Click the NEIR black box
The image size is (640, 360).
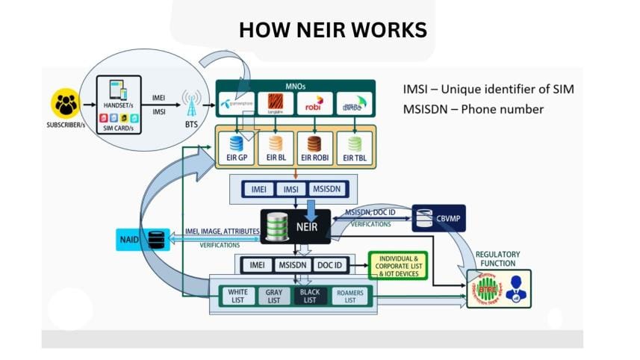[x=295, y=226]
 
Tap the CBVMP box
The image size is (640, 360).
[x=439, y=217]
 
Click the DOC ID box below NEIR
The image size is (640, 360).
[x=335, y=264]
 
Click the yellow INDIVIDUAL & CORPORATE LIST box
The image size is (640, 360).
[x=398, y=265]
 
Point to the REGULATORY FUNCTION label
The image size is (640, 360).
[x=497, y=259]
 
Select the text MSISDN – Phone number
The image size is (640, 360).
[x=473, y=110]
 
